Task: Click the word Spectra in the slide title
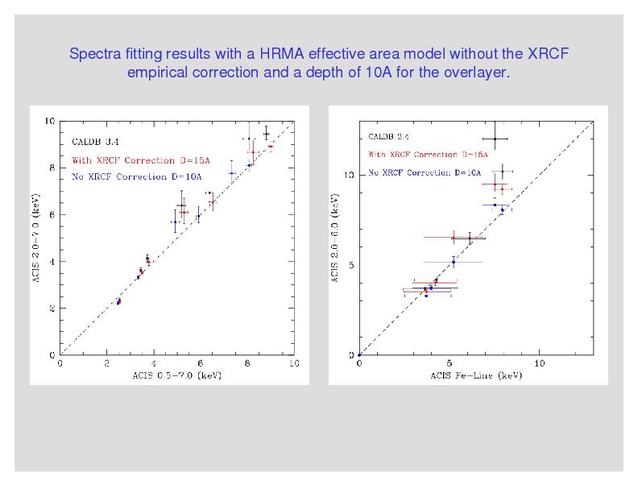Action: pyautogui.click(x=94, y=55)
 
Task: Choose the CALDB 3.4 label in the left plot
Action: pyautogui.click(x=94, y=142)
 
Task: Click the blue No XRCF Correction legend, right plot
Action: pyautogui.click(x=425, y=172)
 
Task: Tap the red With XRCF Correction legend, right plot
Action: pyautogui.click(x=428, y=154)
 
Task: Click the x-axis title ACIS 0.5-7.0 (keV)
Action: pyautogui.click(x=176, y=375)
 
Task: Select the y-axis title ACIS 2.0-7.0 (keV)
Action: pyautogui.click(x=38, y=238)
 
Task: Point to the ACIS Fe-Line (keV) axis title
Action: pyautogui.click(x=476, y=375)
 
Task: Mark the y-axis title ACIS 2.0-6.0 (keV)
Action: pyautogui.click(x=336, y=238)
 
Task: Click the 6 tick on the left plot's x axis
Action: pyautogui.click(x=201, y=363)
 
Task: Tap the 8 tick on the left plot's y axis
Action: pyautogui.click(x=52, y=168)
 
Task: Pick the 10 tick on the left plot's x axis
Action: pyautogui.click(x=293, y=363)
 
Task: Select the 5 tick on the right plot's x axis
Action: pyautogui.click(x=449, y=363)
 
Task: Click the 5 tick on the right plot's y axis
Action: pyautogui.click(x=350, y=265)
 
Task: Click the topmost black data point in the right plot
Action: pyautogui.click(x=495, y=139)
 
